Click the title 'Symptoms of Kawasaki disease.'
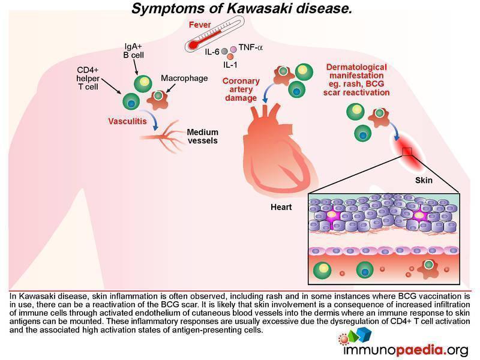coord(240,9)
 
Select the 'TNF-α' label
coord(251,47)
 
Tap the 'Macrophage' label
coord(184,79)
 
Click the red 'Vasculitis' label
coord(127,121)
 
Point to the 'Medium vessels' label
coord(202,137)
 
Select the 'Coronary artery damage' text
coord(241,89)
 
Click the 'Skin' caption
coord(424,179)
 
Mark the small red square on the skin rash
coord(407,151)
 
